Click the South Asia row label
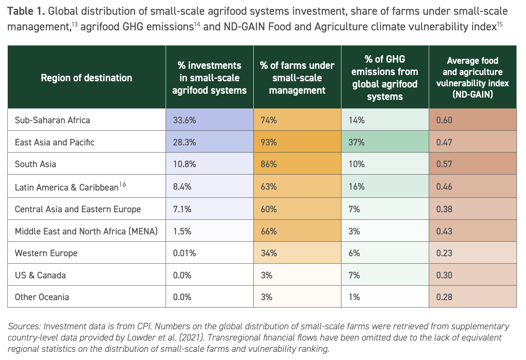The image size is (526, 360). (35, 164)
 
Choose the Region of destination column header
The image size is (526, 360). (86, 78)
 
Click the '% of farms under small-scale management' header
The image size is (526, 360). (297, 78)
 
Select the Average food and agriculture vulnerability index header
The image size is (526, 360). (472, 77)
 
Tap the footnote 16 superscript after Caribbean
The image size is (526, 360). (122, 184)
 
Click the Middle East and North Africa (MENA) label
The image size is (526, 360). (86, 231)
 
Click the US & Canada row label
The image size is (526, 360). (40, 275)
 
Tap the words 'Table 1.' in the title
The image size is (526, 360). (26, 11)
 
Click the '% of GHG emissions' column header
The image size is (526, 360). (385, 78)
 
